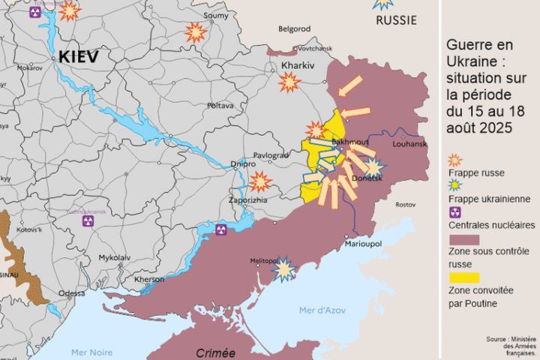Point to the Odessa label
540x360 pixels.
[x=72, y=293]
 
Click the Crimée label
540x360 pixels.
[x=215, y=352]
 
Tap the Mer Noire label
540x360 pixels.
[x=91, y=352]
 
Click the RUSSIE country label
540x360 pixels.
[x=395, y=20]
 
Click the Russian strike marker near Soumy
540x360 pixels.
[x=196, y=32]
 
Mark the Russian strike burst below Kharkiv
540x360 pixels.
[x=289, y=82]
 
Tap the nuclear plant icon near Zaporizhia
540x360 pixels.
[x=220, y=229]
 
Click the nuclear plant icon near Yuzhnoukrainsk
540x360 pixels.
[x=88, y=222]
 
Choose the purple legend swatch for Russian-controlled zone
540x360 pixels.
[x=463, y=239]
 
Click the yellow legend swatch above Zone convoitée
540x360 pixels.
[x=463, y=277]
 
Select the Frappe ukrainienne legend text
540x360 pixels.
[x=485, y=199]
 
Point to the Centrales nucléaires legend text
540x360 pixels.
[x=491, y=225]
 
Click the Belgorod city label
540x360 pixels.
[x=294, y=28]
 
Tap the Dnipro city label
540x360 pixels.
[x=243, y=163]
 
